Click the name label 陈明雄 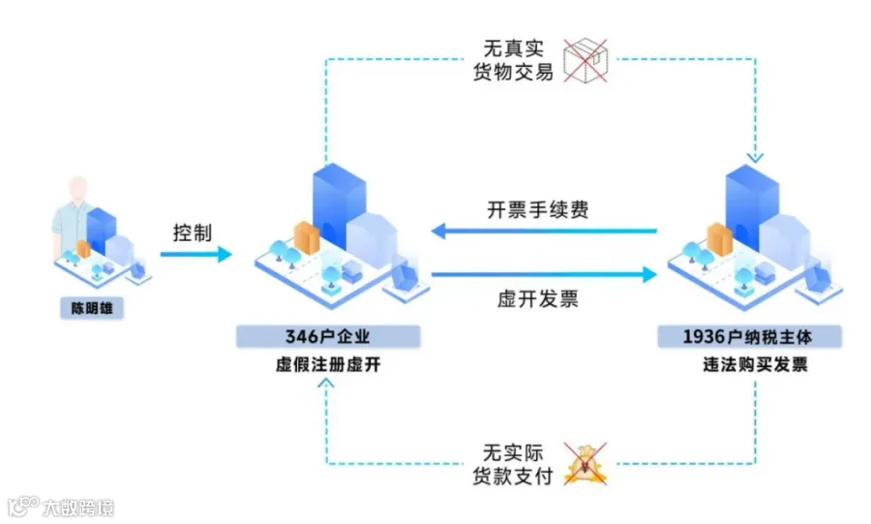coord(93,310)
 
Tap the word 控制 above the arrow coord(192,233)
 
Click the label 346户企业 coord(328,337)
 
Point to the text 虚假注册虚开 coord(328,365)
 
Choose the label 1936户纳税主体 coord(748,337)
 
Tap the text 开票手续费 coord(538,210)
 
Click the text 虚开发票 coord(538,298)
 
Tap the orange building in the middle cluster coord(307,239)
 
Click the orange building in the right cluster coord(719,239)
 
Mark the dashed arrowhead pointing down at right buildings coord(755,157)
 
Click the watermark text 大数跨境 coord(77,507)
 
